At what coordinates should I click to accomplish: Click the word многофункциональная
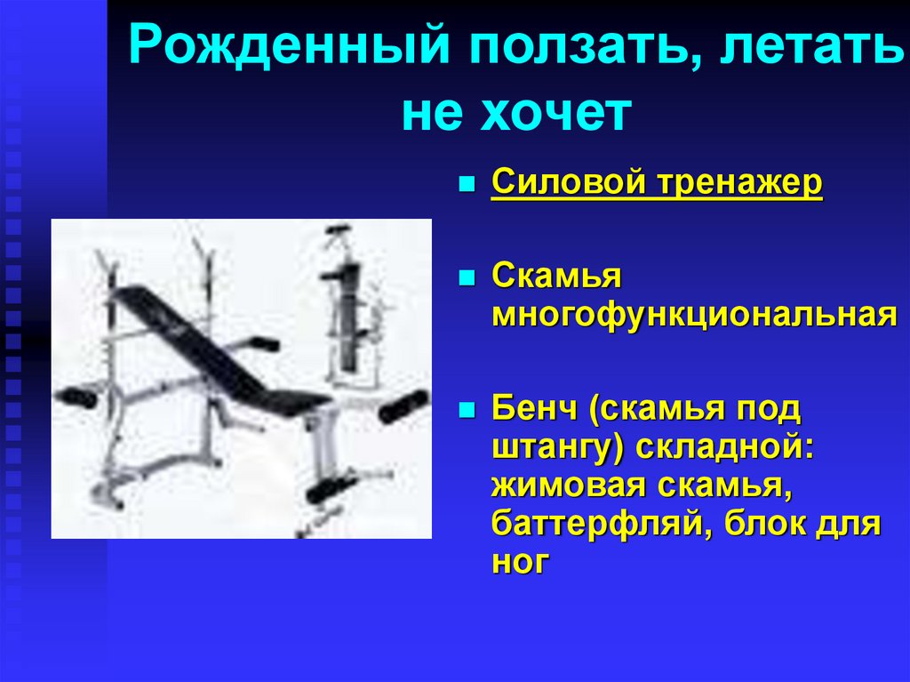click(693, 315)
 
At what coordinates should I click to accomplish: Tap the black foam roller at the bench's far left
click(76, 397)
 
